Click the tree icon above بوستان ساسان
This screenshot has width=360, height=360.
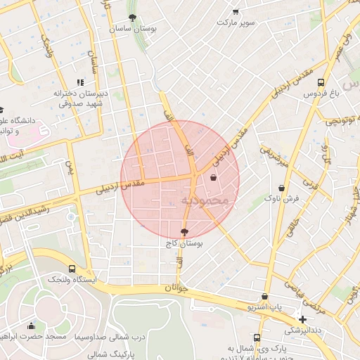click(x=132, y=18)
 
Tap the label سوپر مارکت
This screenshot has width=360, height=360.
click(x=236, y=22)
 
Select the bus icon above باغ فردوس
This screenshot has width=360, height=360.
click(x=321, y=81)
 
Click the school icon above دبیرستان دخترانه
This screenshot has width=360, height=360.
click(x=79, y=82)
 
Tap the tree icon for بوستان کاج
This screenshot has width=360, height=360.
click(x=184, y=231)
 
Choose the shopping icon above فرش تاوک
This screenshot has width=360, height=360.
click(x=282, y=188)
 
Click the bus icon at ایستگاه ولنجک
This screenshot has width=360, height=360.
click(x=72, y=269)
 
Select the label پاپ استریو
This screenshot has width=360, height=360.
click(x=264, y=308)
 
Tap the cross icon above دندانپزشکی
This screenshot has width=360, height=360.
click(x=302, y=319)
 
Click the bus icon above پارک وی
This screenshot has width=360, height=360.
click(x=257, y=337)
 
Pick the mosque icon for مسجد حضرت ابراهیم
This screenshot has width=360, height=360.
click(x=31, y=326)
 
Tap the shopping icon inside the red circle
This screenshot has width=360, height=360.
click(x=213, y=179)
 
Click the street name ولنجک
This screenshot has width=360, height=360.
click(x=48, y=46)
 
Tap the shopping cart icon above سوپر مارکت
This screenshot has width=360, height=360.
click(x=235, y=11)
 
